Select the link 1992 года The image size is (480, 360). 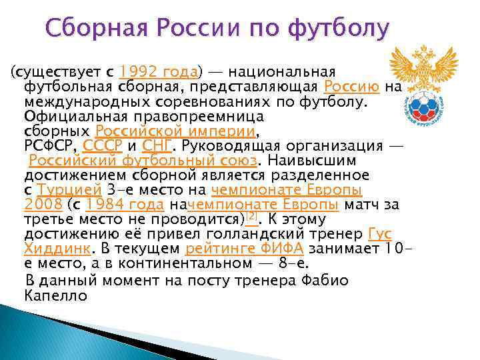tap(160, 71)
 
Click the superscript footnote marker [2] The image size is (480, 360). tap(251, 217)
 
